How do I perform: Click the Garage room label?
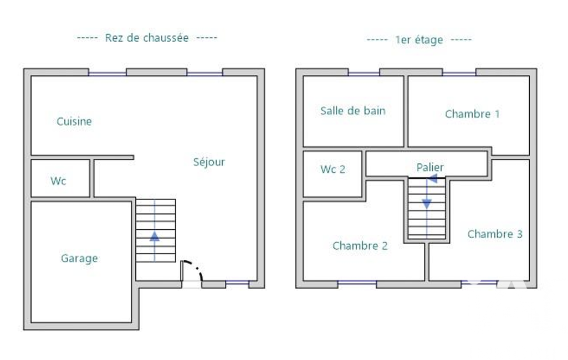(79, 259)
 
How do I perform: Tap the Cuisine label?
(74, 121)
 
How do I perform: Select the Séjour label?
(209, 162)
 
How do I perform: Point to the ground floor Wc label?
(58, 181)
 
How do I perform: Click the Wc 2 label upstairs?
(332, 169)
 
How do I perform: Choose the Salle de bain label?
(353, 111)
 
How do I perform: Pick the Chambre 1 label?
(472, 114)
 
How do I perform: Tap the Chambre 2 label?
(360, 246)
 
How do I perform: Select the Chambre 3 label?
(495, 234)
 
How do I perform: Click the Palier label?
(430, 167)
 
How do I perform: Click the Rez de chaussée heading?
(147, 38)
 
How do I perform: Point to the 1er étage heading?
(419, 39)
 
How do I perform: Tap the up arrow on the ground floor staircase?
(155, 236)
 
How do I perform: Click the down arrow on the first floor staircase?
(427, 204)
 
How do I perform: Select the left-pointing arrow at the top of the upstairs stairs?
(432, 178)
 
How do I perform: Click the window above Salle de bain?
(364, 74)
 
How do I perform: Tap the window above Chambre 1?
(459, 74)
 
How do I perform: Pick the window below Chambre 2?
(357, 282)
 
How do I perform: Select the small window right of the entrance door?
(237, 282)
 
